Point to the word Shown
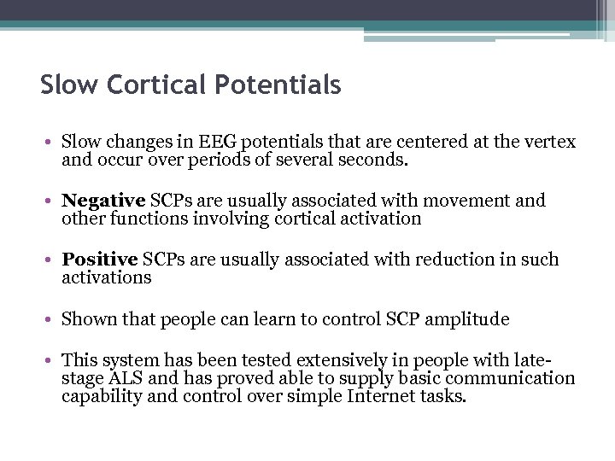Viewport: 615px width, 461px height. (x=84, y=319)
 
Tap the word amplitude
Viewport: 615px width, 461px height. (x=466, y=319)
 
